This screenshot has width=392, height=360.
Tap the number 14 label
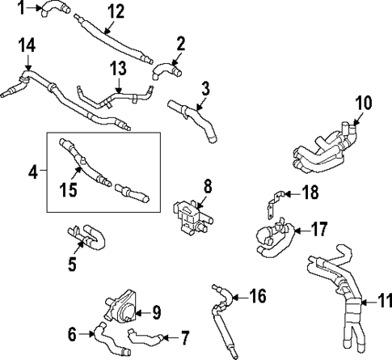tap(27, 45)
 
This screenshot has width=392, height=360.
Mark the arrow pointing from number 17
tap(295, 229)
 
